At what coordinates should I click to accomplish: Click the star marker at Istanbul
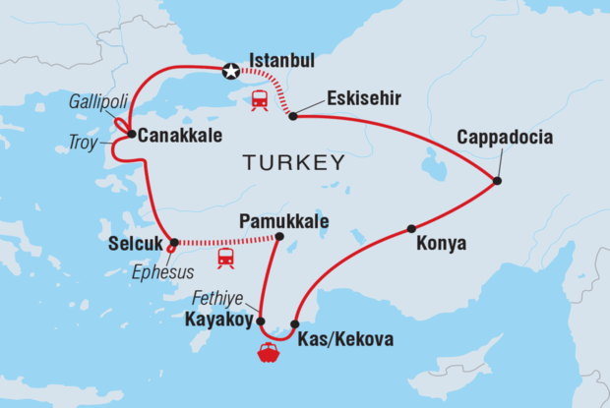click(230, 70)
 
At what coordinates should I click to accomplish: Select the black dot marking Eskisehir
click(293, 116)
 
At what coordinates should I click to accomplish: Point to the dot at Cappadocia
click(498, 181)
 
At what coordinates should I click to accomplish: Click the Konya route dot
click(410, 229)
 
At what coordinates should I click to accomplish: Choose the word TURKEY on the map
click(295, 162)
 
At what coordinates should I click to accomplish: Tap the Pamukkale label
click(287, 220)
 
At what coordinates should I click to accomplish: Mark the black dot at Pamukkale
click(279, 236)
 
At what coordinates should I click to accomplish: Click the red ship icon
click(268, 352)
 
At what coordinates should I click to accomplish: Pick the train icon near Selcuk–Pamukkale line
click(226, 258)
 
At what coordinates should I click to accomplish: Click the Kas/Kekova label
click(344, 340)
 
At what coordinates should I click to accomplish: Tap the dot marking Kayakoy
click(262, 321)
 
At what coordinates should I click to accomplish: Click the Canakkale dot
click(131, 134)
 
